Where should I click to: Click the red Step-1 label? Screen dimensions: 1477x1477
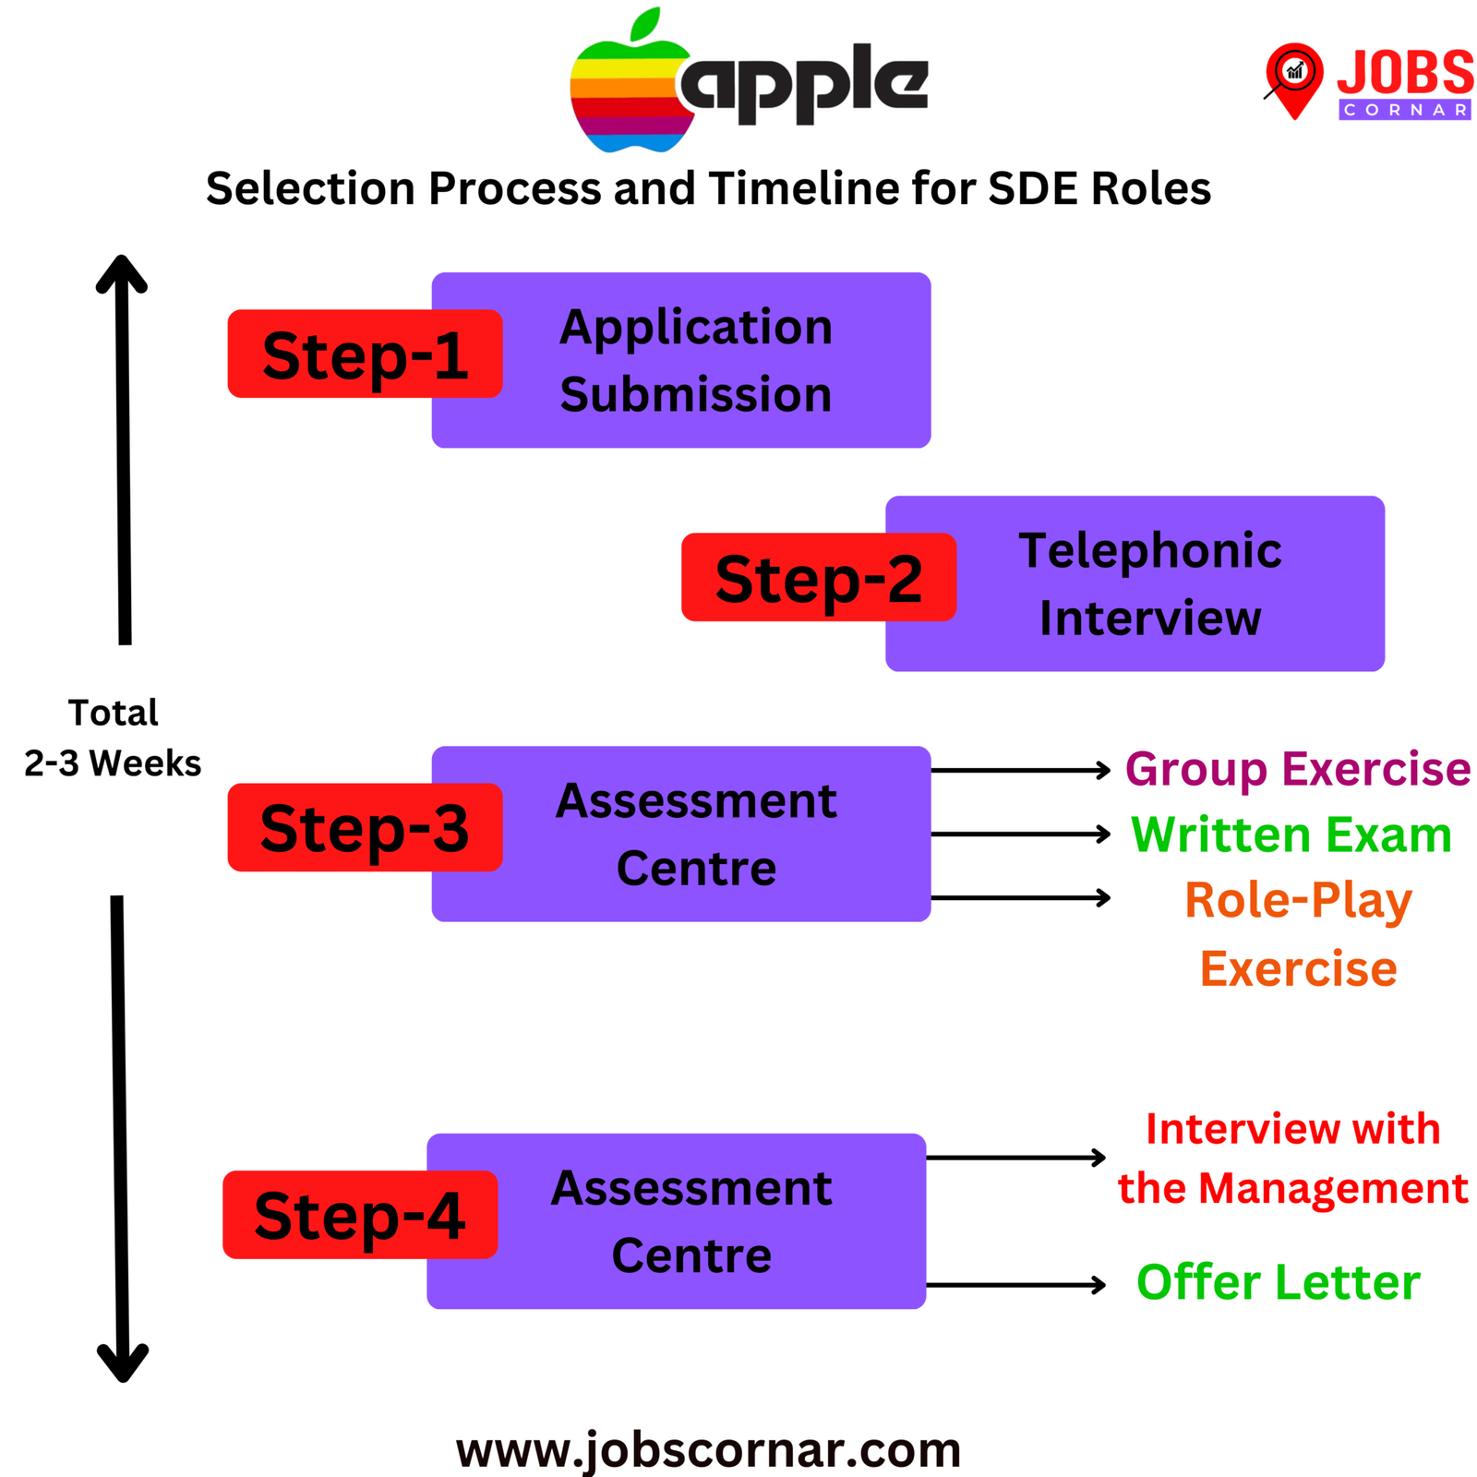(364, 354)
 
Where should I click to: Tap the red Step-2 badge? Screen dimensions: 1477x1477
(818, 578)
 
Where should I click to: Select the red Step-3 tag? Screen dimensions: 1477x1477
(364, 828)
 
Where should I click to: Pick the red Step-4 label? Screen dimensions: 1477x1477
(359, 1215)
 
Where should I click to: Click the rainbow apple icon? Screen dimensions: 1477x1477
(628, 97)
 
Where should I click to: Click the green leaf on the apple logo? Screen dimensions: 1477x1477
(646, 25)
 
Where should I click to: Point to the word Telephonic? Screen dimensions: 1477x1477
(1149, 551)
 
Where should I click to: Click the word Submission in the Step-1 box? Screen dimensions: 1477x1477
(696, 395)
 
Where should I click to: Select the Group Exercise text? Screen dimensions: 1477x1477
(1297, 769)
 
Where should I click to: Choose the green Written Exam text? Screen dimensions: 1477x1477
(1291, 835)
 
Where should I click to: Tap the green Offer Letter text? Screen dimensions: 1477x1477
(1278, 1282)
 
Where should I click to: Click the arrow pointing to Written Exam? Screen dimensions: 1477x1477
(1020, 835)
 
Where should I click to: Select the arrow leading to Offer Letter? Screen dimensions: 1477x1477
(1015, 1284)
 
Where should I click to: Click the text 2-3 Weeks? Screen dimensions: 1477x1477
(113, 763)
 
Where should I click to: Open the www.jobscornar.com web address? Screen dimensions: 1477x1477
(708, 1449)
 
